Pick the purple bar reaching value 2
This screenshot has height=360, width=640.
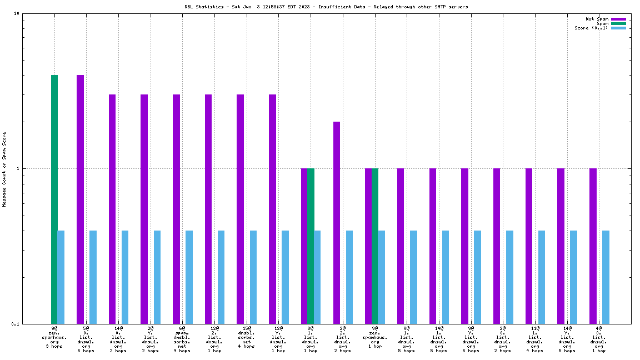click(x=337, y=222)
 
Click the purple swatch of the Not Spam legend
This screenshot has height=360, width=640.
click(x=618, y=19)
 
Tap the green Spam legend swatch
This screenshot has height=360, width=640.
click(x=618, y=23)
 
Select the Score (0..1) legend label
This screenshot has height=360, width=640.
click(x=591, y=28)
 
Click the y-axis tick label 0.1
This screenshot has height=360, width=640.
click(x=16, y=323)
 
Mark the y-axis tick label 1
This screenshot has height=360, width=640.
click(x=18, y=168)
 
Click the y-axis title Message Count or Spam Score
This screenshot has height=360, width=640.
click(x=4, y=169)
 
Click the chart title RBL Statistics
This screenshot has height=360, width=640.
click(x=326, y=7)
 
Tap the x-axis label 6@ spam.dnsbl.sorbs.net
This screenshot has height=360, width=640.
click(x=182, y=339)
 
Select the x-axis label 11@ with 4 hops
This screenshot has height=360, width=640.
click(x=534, y=339)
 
